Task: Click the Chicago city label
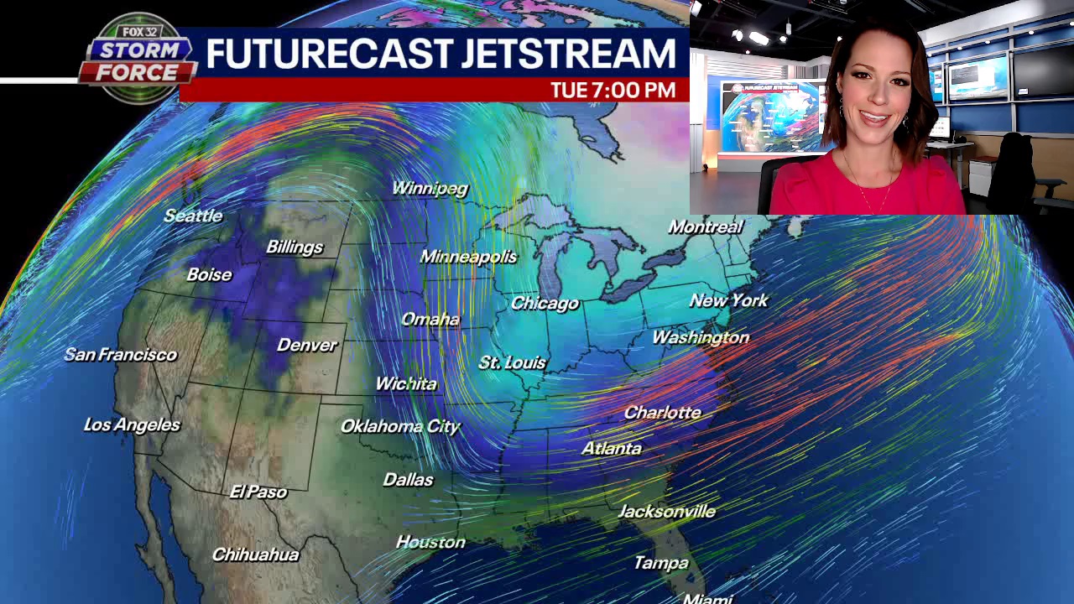545,303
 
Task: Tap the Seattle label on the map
193,216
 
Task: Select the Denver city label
306,345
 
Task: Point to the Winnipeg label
430,188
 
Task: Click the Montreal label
705,226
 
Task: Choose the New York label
728,299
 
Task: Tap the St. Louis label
512,362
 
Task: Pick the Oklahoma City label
400,426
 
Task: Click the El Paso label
258,492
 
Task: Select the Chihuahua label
255,555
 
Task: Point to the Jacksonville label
666,511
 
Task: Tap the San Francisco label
121,354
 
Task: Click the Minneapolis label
468,257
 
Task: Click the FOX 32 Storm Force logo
136,59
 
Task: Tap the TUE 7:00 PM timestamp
613,90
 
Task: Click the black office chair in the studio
1011,172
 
